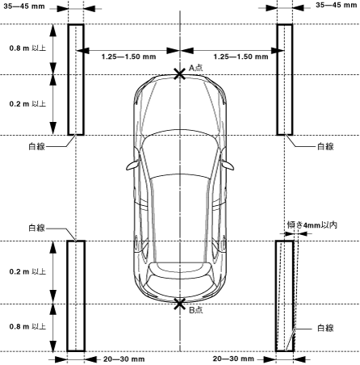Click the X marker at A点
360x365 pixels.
tap(180, 74)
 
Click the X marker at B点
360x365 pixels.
tap(180, 304)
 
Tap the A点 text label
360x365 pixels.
tap(196, 68)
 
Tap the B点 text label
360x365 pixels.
tap(196, 310)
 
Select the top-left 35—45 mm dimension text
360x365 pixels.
tap(24, 6)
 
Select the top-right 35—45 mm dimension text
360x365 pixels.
tap(336, 5)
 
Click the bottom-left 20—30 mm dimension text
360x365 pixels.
tap(124, 359)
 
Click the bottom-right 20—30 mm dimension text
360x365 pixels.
tap(233, 359)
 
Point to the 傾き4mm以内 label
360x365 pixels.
tap(312, 224)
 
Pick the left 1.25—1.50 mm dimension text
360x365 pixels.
tap(128, 57)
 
